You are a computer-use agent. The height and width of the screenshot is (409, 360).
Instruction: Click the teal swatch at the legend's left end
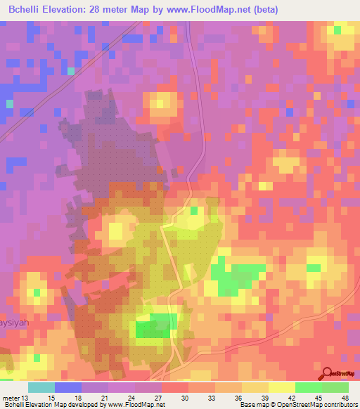41,387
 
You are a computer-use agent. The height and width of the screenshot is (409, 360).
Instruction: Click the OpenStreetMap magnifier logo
326,374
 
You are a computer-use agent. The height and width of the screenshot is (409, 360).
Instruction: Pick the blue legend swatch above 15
68,387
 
